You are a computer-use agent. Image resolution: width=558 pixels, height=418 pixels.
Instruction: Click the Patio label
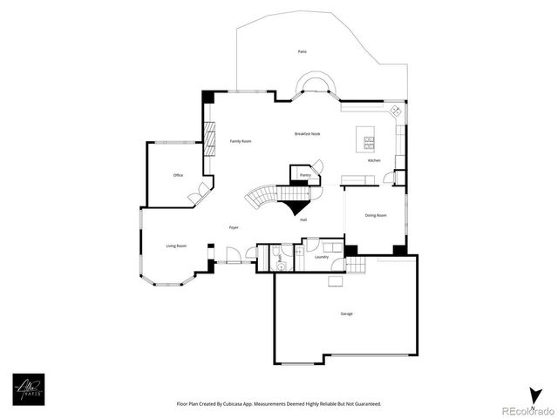pos(302,52)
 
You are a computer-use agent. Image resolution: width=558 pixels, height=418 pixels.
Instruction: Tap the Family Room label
pos(241,141)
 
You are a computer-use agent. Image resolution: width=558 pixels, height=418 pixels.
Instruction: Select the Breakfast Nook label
pos(308,133)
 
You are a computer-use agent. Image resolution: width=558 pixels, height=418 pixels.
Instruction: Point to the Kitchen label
pos(374,161)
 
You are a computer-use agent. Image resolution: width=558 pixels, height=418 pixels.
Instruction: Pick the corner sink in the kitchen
pos(395,111)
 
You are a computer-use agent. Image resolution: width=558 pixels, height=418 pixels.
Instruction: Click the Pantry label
pos(305,175)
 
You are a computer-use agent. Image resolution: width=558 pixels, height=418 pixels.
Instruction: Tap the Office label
pos(178,176)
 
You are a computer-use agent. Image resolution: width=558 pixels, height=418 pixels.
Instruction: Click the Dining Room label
pos(376,215)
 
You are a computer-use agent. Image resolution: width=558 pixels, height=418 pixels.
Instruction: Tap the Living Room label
pos(177,246)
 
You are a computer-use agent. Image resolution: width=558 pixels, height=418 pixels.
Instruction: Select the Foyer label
pos(235,227)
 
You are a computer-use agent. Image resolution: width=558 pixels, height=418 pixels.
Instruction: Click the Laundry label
pos(321,257)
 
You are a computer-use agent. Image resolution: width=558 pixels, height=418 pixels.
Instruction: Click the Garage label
pos(347,313)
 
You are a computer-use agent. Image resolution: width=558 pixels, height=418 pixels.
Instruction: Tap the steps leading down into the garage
pos(336,280)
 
